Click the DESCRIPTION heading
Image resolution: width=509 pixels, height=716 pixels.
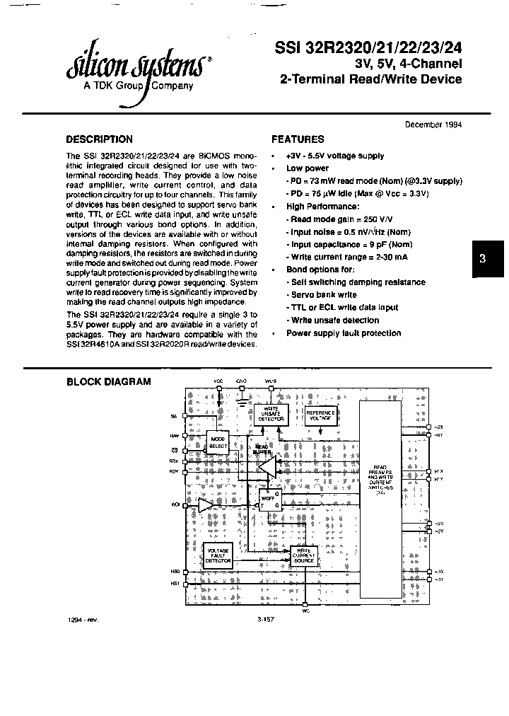(99, 139)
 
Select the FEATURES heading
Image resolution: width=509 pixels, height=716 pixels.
(298, 139)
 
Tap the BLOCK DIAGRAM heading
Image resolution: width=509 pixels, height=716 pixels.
(108, 382)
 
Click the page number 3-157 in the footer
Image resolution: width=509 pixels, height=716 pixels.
(266, 620)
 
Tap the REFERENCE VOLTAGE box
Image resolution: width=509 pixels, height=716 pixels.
(320, 415)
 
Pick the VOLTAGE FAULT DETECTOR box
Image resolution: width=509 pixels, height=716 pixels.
(217, 554)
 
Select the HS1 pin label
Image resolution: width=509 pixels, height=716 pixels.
(175, 584)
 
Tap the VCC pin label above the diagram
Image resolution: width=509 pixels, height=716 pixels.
(218, 381)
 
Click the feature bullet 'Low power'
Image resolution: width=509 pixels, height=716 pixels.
(307, 168)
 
